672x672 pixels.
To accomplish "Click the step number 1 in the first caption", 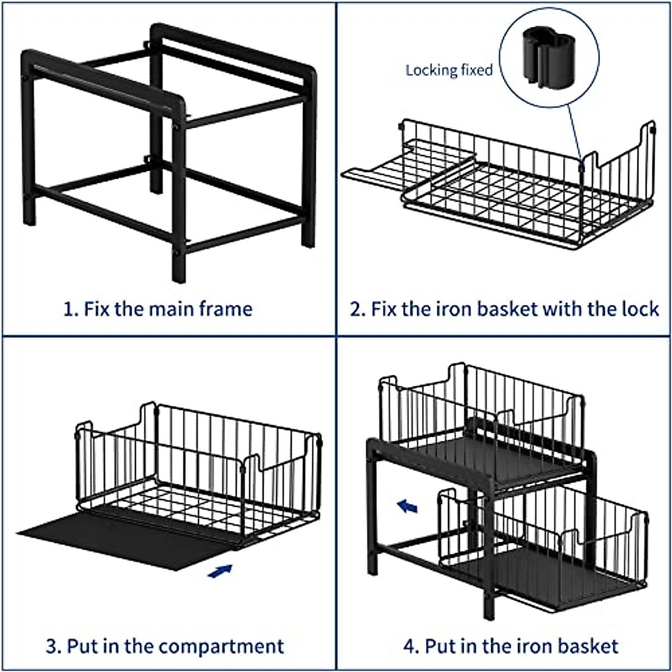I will [68, 309].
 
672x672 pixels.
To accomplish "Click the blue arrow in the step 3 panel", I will [220, 571].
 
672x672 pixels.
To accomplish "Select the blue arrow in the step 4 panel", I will [407, 507].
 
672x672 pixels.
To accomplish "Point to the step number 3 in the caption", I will [52, 646].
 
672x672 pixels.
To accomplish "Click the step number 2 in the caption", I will [357, 309].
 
